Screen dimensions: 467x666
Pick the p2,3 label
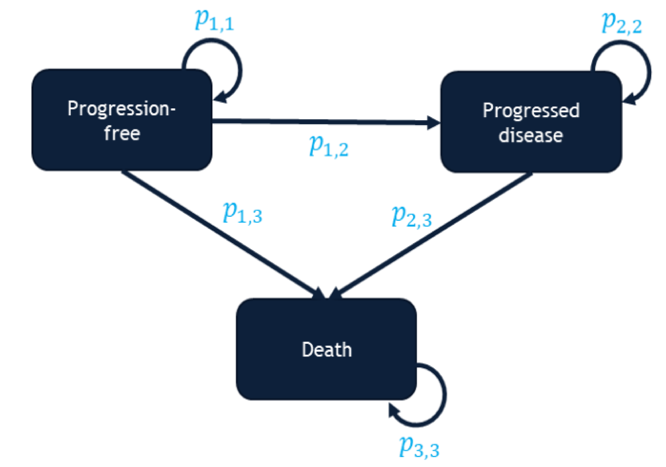click(411, 216)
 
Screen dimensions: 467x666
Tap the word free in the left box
click(122, 134)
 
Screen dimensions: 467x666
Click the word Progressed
click(531, 110)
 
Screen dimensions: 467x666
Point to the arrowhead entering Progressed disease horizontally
click(434, 123)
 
